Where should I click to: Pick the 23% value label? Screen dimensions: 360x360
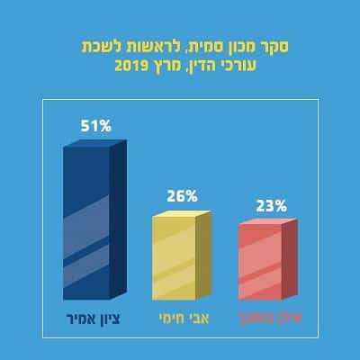[268, 204]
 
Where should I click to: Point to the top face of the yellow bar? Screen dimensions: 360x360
[182, 214]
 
